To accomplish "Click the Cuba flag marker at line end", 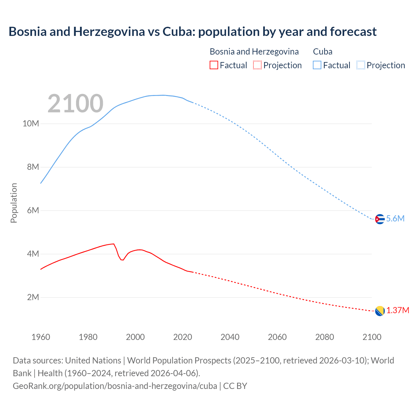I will pos(379,219).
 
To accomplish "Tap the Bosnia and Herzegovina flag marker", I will pos(379,311).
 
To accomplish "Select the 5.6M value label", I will pos(395,219).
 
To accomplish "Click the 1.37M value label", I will pos(398,310).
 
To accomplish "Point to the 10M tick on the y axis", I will pos(31,124).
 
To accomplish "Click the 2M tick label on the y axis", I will pos(33,297).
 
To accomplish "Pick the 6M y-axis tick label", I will pos(33,210).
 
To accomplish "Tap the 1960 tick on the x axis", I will pos(41,337).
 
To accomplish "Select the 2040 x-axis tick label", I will pos(230,337).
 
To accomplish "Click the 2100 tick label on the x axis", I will pos(372,337).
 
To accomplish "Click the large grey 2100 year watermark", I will pos(75,104).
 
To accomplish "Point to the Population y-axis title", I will pos(14,203).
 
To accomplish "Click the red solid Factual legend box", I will pos(214,65).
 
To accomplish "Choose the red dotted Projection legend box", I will pos(257,65).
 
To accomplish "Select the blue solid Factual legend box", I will pos(317,65).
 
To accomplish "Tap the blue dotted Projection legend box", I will pos(361,65).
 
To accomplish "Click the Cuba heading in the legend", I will pos(323,52).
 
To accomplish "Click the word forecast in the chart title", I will pos(353,32).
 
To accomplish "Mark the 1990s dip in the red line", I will pos(122,259).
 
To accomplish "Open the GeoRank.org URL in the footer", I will pos(115,386).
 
